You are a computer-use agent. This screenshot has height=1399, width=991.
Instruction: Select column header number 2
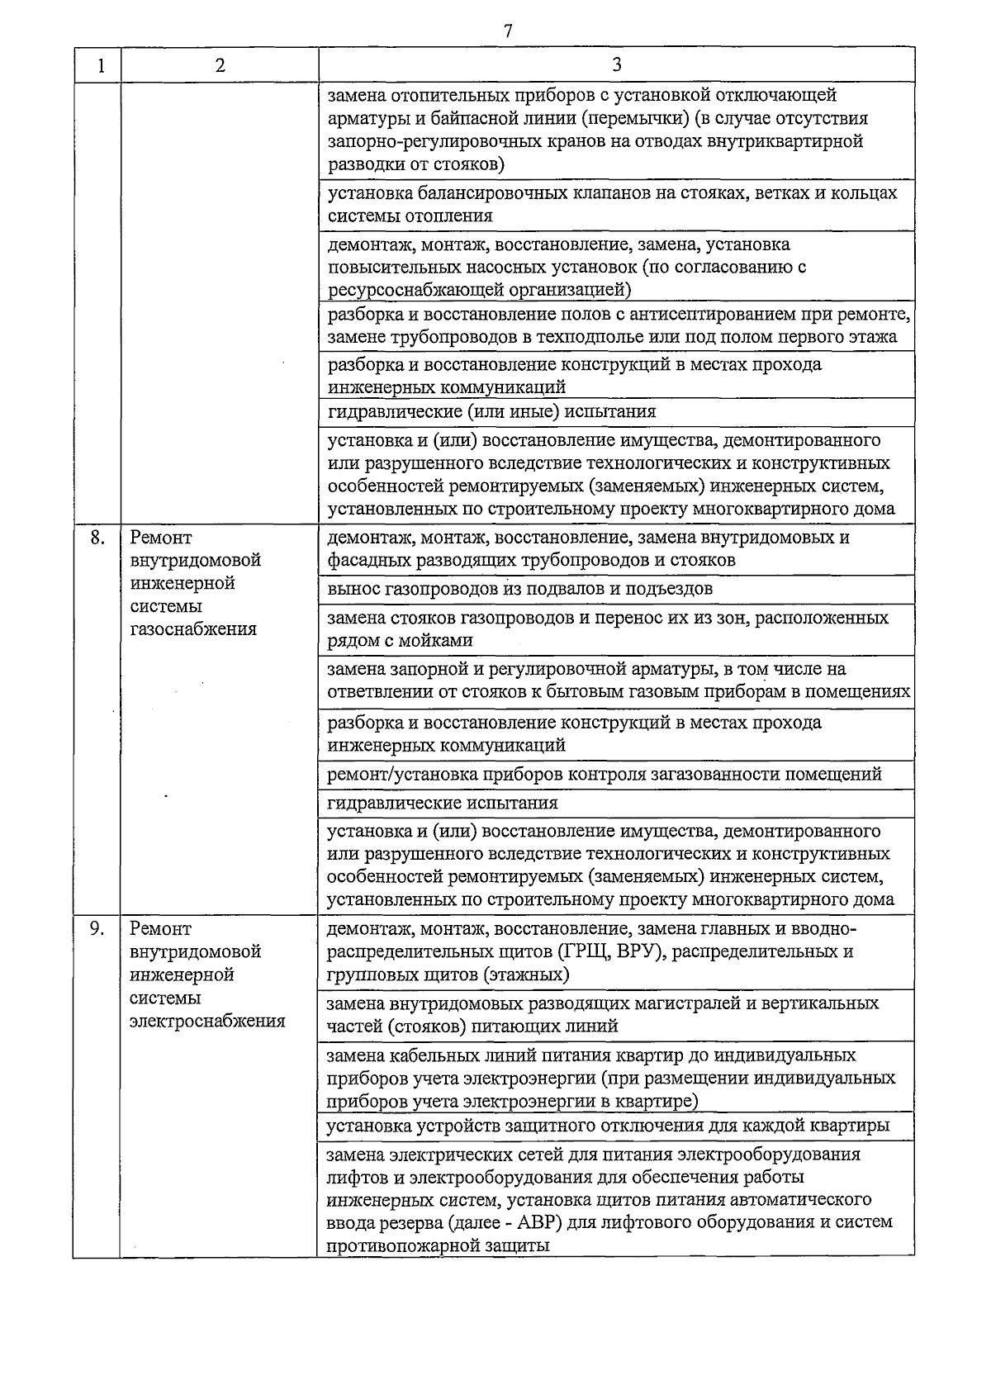pos(220,65)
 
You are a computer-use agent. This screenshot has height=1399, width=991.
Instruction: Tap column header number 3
pos(617,64)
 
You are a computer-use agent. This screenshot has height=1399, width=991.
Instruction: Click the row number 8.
pos(97,538)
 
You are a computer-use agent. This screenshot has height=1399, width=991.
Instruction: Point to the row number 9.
pos(97,928)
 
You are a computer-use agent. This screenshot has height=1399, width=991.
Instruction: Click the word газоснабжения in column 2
pos(193,629)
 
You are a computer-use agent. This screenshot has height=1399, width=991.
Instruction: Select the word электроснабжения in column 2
pos(207,1021)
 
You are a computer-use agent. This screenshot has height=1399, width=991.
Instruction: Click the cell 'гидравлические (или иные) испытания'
pos(491,411)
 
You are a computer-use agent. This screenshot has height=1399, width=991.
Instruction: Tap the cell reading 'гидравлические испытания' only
pos(443,803)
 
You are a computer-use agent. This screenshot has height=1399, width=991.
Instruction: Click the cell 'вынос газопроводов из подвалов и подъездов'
pos(519,589)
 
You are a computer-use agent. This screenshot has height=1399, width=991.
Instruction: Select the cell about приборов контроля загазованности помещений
pos(605,774)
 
